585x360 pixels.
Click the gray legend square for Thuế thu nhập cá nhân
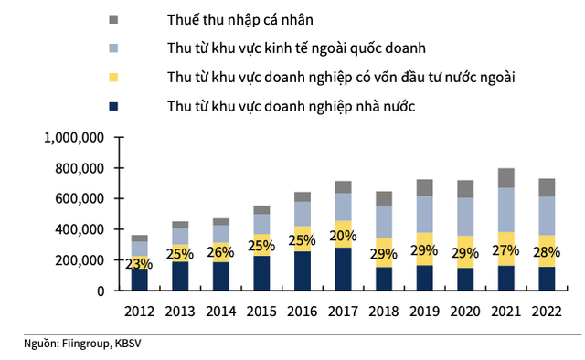(113, 19)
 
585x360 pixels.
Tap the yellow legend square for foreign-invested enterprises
(113, 78)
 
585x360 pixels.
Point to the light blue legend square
(113, 48)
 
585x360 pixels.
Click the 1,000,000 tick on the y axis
(79, 137)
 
